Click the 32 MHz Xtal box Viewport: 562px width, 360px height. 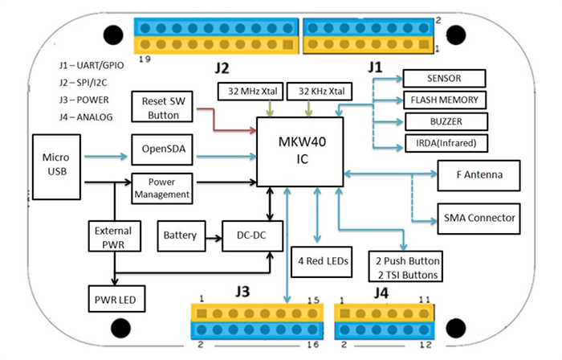pos(248,90)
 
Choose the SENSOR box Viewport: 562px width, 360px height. pos(443,79)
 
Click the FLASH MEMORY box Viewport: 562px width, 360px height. pos(443,100)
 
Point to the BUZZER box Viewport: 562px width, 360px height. pos(443,122)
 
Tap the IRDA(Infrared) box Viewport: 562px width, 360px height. pos(443,145)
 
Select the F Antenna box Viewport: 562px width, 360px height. pos(478,174)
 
